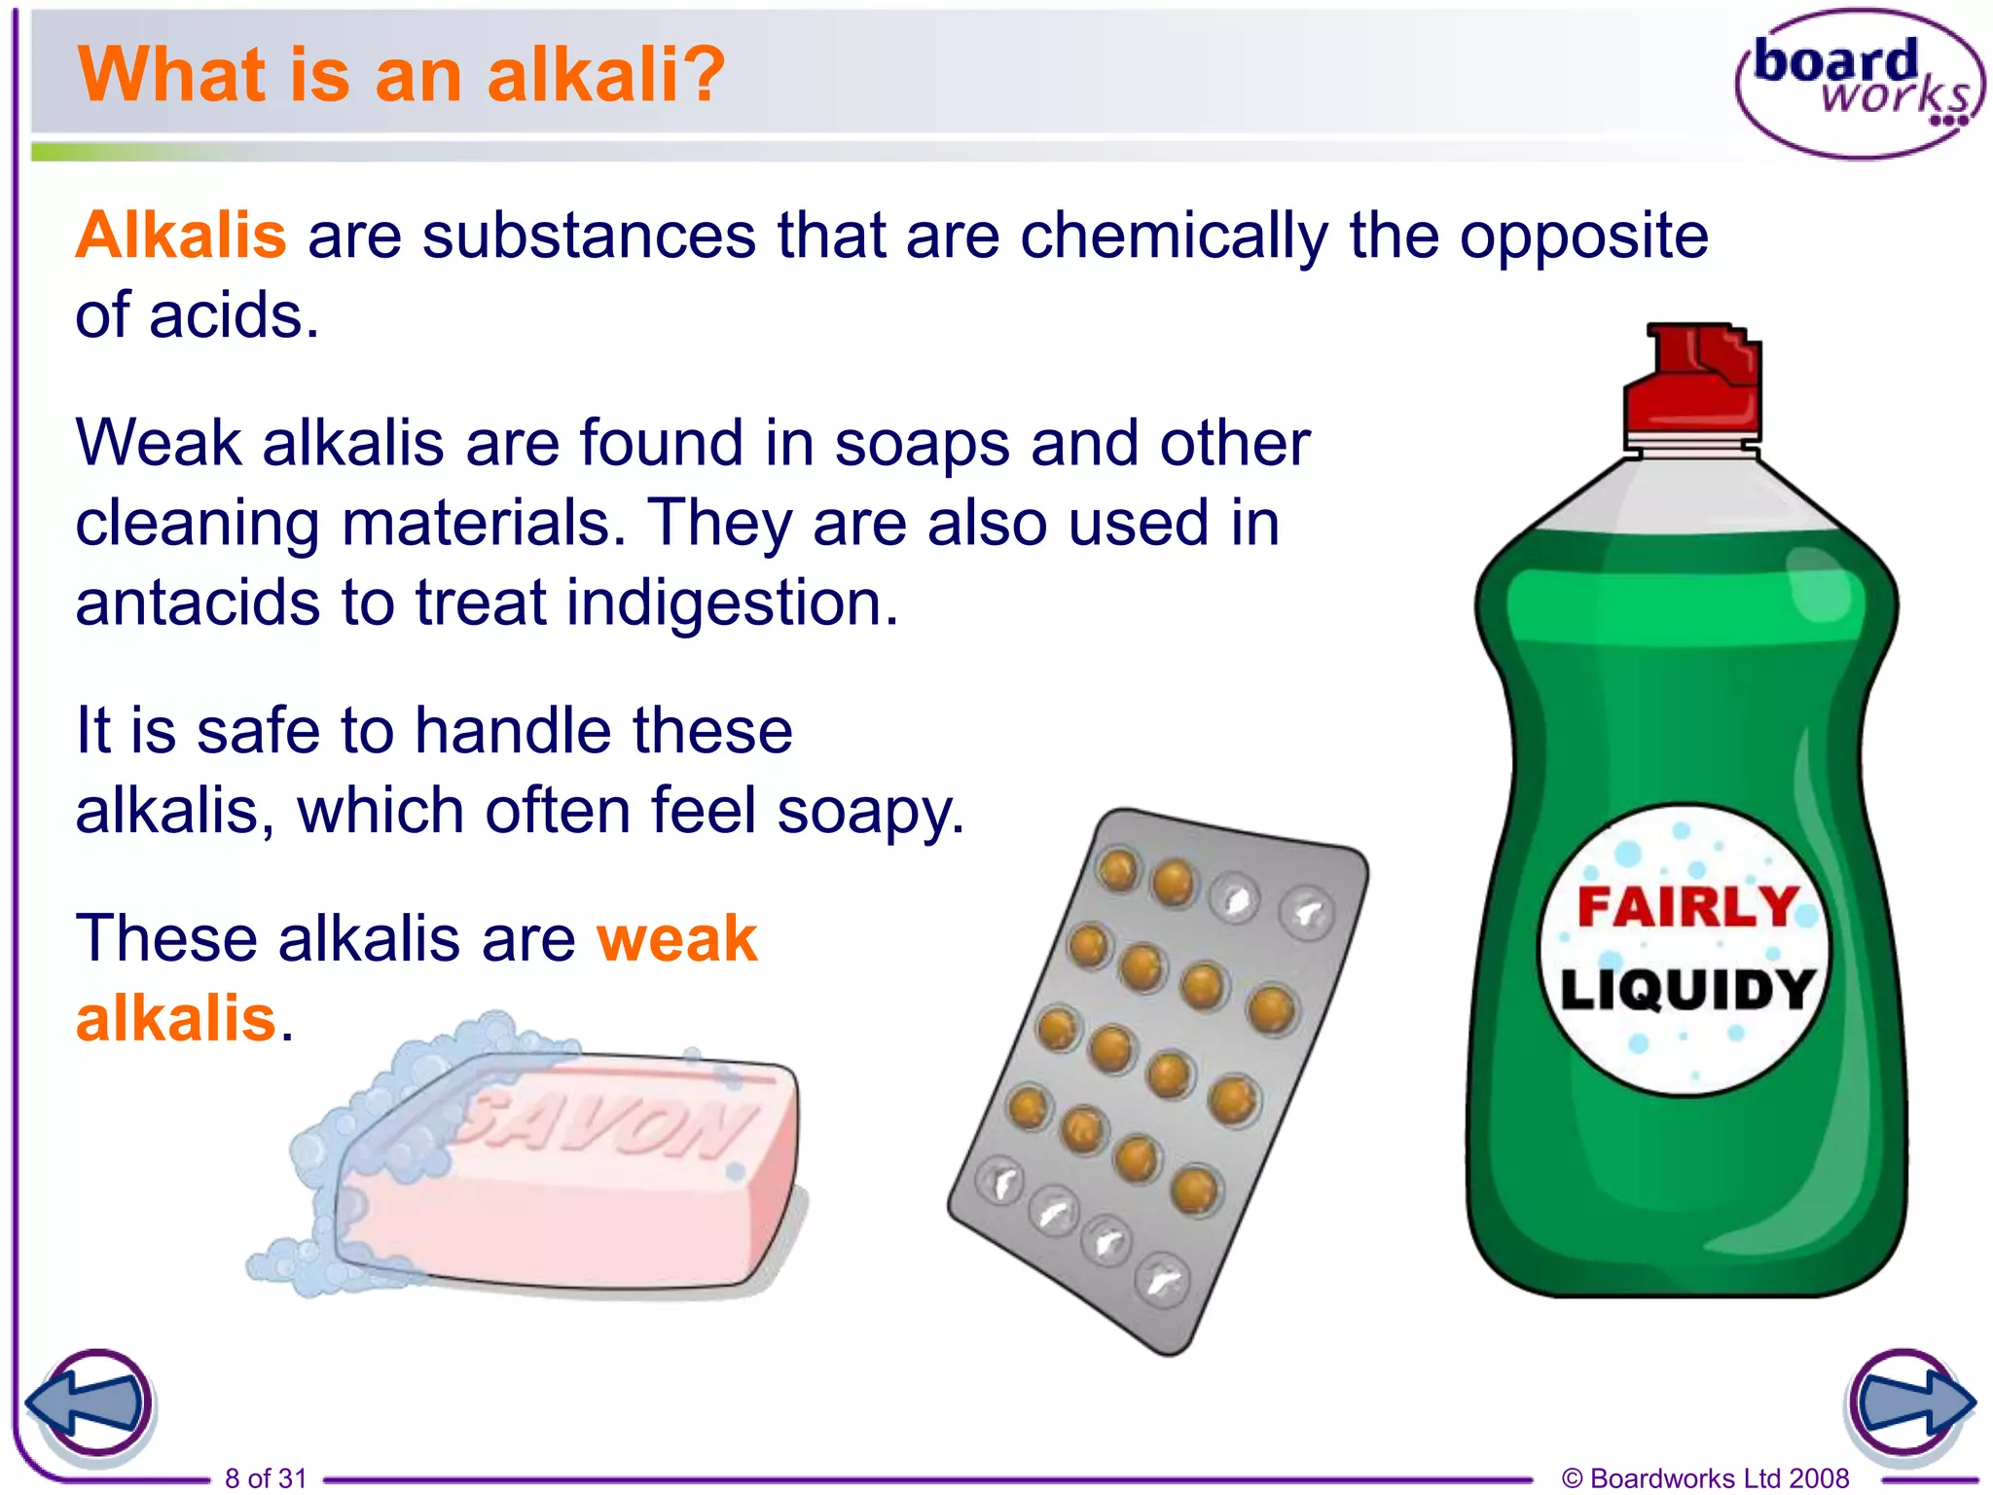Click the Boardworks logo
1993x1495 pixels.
[x=1859, y=84]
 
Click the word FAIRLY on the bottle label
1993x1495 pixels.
[x=1686, y=907]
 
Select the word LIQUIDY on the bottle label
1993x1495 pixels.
[x=1686, y=991]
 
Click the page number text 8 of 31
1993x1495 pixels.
[x=266, y=1478]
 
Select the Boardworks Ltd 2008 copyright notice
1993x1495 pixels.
[x=1705, y=1478]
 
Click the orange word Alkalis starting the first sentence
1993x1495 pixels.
[x=181, y=236]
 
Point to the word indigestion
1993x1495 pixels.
[x=732, y=603]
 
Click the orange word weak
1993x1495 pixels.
[x=676, y=939]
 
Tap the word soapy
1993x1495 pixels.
[x=870, y=812]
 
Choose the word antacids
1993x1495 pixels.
[x=198, y=603]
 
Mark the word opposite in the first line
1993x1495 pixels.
[x=1583, y=237]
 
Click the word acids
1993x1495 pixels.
[x=234, y=317]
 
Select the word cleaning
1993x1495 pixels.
[x=198, y=524]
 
